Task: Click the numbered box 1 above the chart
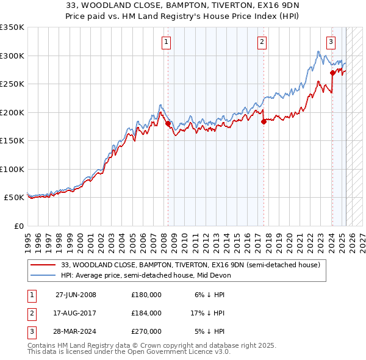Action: tap(166, 42)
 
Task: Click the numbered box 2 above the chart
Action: tap(261, 42)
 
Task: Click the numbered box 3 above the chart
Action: tap(330, 42)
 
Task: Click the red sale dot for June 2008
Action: tap(168, 124)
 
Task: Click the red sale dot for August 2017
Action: tap(264, 121)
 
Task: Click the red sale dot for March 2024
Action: tap(332, 73)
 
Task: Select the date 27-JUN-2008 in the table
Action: tap(76, 294)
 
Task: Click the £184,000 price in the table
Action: tap(146, 313)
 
